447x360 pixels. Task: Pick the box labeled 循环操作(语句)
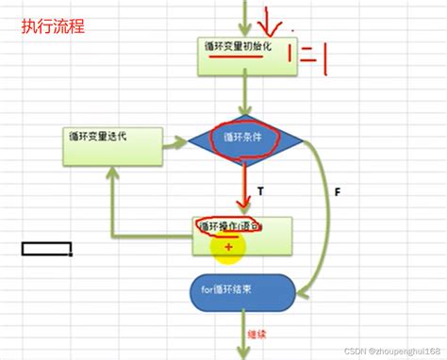(242, 236)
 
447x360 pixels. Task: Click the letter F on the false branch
(335, 193)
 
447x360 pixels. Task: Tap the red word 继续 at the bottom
(255, 334)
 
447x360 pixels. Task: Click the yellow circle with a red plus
(226, 246)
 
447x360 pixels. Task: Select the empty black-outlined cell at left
(47, 250)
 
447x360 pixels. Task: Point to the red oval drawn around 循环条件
(242, 136)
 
